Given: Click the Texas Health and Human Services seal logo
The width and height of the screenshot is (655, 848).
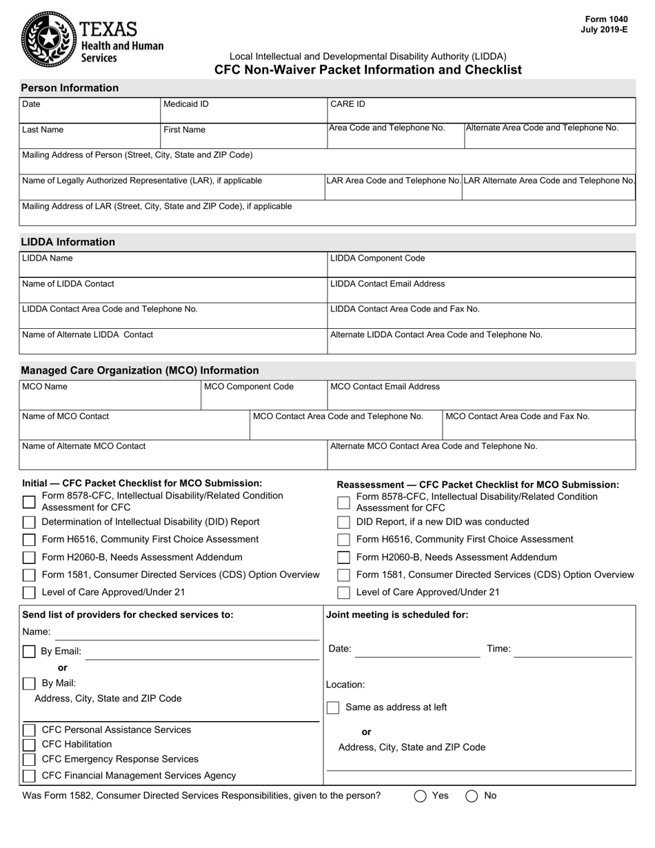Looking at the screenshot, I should coord(48,39).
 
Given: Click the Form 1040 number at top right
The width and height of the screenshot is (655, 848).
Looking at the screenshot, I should coord(606,19).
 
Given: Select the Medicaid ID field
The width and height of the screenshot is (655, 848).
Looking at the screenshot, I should coord(242,110).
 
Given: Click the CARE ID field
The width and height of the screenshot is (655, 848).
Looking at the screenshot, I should coord(481,110).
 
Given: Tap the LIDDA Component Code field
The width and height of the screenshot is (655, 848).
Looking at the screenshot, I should coord(481,264).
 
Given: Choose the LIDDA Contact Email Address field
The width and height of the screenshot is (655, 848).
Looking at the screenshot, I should coord(481,290).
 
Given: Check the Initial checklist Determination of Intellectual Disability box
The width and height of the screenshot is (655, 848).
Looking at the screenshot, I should coord(29,522).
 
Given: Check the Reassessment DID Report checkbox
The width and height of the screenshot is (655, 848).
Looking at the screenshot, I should coord(343,522).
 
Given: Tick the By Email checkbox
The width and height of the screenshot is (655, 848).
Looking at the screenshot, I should coord(29,652).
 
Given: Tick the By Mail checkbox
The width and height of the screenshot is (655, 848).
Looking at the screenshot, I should coord(29,684).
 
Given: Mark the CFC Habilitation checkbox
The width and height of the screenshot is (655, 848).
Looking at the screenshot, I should coord(29,745).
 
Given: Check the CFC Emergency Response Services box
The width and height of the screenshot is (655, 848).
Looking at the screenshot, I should coord(29,760).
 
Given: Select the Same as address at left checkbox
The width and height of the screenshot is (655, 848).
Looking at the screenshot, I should coord(333,707).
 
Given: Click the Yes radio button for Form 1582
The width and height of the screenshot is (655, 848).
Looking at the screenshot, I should coord(421,796).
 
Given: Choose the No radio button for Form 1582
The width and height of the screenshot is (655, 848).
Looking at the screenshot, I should coord(472,796).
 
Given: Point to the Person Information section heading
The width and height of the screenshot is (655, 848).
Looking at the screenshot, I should coord(70,88).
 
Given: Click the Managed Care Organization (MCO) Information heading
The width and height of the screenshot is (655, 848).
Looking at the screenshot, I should coord(140,371).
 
